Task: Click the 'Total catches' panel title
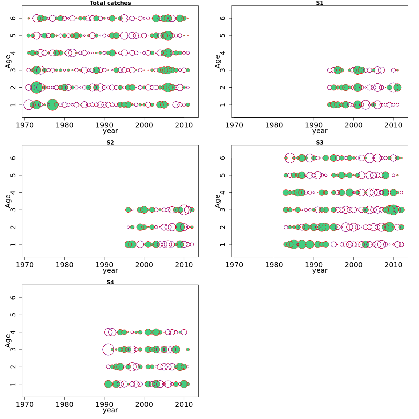coord(110,3)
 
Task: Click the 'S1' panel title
coord(320,3)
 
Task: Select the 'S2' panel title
coord(110,142)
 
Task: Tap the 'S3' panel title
coord(320,142)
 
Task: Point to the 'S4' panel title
coord(110,282)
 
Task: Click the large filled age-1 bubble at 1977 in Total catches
coord(52,105)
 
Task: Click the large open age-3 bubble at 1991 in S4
coord(108,349)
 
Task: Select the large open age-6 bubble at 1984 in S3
coord(290,158)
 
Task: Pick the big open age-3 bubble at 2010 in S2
coord(184,210)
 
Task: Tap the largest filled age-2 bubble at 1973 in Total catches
coord(36,87)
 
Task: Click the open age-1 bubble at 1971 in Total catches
coord(29,105)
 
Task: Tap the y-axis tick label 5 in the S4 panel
coord(13,315)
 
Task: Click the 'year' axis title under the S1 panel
coord(320,131)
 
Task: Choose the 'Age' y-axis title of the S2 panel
coord(8,201)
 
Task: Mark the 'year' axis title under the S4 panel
coord(110,410)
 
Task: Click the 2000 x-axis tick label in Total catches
coord(144,125)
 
